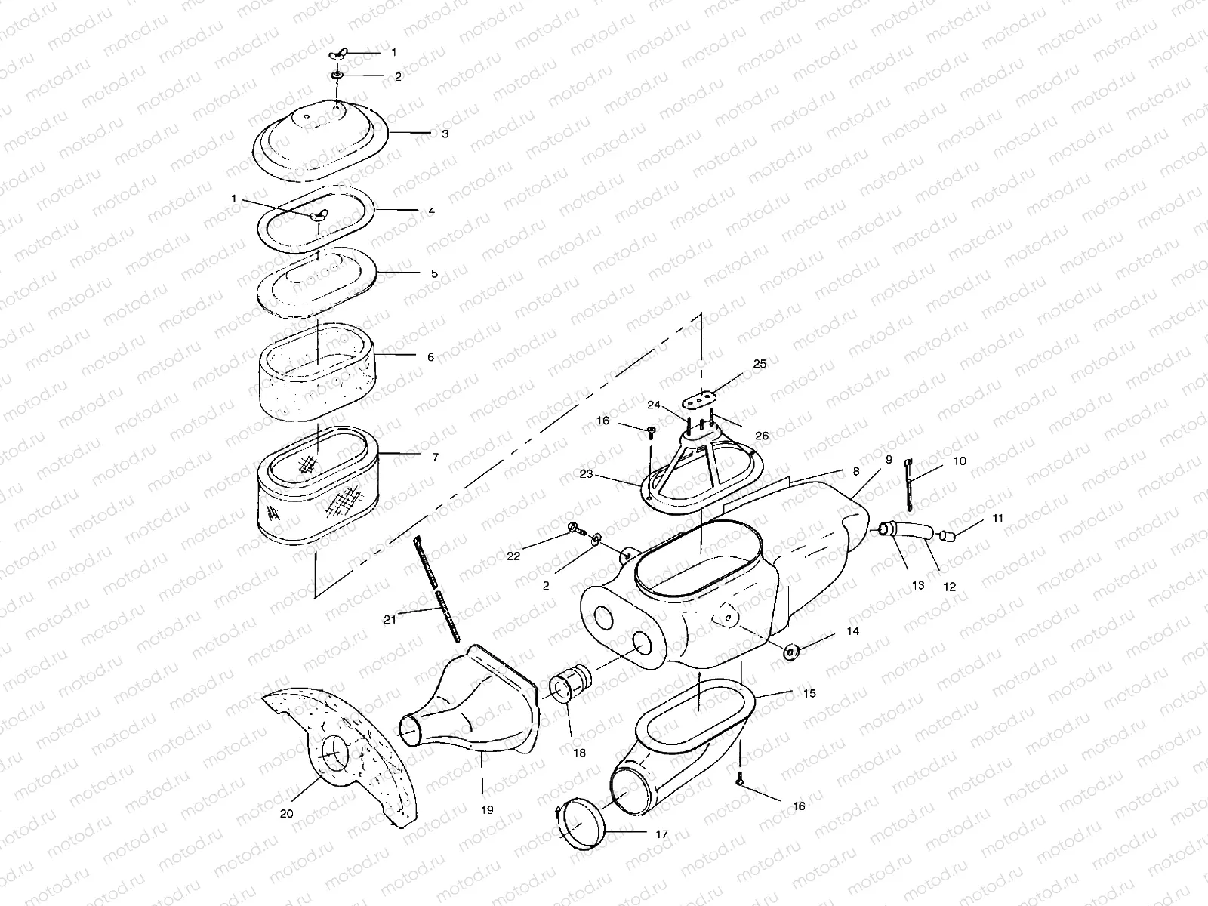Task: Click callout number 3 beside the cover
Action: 445,134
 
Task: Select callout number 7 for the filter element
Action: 434,458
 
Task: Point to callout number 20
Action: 286,814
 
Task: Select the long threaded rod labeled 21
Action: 439,589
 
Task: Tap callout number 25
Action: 760,364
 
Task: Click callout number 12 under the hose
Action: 950,586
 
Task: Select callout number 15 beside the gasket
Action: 809,693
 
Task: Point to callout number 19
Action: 487,809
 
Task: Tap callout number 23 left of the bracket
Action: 587,475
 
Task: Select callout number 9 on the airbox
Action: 889,459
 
